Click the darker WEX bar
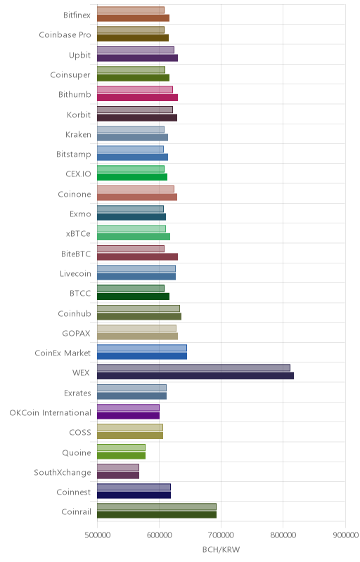point(195,376)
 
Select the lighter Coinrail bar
point(157,507)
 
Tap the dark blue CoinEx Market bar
point(142,356)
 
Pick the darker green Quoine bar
point(121,455)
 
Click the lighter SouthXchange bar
point(118,467)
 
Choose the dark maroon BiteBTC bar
point(137,256)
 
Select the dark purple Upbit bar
point(137,58)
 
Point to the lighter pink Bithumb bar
point(135,90)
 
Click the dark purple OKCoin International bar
point(129,416)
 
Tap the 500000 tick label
point(97,535)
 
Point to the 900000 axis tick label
point(345,535)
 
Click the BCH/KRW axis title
point(221,549)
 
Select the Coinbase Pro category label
point(65,34)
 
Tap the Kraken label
point(78,134)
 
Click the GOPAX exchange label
point(77,333)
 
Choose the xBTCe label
point(78,234)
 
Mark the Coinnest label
point(74,492)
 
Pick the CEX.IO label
point(79,174)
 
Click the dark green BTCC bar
point(133,296)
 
